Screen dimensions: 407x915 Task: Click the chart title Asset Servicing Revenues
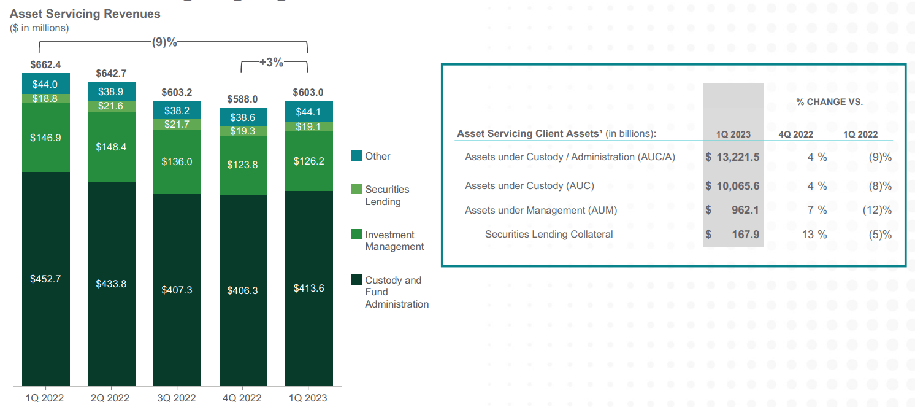point(85,14)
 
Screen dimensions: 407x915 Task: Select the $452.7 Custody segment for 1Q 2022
point(46,279)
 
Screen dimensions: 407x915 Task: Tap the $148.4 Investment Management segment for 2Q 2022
point(111,147)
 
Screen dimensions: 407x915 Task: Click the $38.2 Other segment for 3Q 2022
point(177,110)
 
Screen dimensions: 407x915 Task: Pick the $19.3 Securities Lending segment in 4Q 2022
point(243,131)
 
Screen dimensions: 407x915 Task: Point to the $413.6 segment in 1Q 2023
point(308,288)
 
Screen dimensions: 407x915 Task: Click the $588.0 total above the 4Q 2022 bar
point(242,99)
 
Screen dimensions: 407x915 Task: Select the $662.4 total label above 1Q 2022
point(45,64)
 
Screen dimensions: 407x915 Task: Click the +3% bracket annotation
point(272,62)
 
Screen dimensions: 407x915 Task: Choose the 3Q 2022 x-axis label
point(177,398)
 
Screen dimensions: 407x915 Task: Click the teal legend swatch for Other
point(356,156)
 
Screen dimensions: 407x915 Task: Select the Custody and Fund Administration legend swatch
point(356,281)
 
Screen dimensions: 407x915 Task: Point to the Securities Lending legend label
point(387,195)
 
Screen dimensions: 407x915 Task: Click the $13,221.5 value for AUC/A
point(733,157)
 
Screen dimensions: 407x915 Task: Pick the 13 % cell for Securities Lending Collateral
point(814,235)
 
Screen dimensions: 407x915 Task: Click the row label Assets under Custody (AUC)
point(529,186)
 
